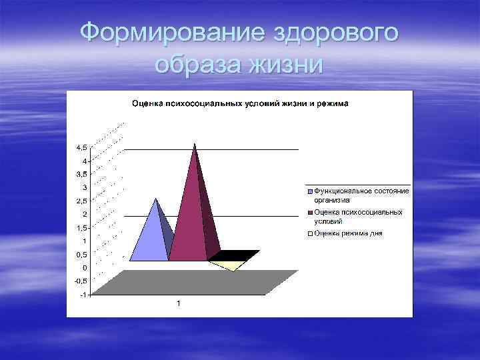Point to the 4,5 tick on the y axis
pyautogui.click(x=81, y=147)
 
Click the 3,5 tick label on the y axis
pyautogui.click(x=81, y=174)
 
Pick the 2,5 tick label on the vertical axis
pyautogui.click(x=81, y=201)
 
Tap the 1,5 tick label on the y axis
pyautogui.click(x=81, y=227)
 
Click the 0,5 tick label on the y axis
pyautogui.click(x=81, y=254)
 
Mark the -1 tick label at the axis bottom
pyautogui.click(x=83, y=294)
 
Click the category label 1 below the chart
pyautogui.click(x=178, y=304)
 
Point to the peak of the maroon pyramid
pyautogui.click(x=195, y=144)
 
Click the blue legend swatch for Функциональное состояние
pyautogui.click(x=310, y=191)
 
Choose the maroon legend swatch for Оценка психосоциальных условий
pyautogui.click(x=310, y=213)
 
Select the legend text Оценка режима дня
pyautogui.click(x=349, y=233)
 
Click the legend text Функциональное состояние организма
pyautogui.click(x=361, y=195)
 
